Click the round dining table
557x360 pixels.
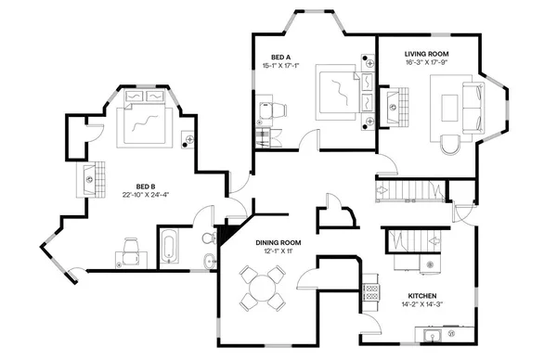tap(262, 288)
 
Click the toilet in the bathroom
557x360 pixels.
tap(207, 239)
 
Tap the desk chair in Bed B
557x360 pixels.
tap(132, 244)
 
